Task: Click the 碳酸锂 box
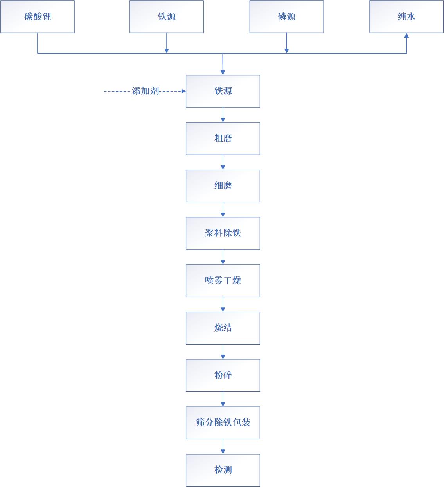point(38,17)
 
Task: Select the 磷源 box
point(286,17)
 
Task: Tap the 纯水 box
point(406,17)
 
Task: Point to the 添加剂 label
point(146,91)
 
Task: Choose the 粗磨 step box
point(223,139)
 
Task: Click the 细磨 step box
point(223,186)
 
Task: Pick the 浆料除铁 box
point(223,233)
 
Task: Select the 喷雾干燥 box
point(223,281)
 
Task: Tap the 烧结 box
point(223,328)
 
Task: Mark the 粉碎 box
point(223,375)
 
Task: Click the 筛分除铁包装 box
point(223,423)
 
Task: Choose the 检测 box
point(223,470)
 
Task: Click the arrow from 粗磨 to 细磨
point(223,162)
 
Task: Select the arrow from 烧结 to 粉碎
point(223,352)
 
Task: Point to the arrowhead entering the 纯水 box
point(406,36)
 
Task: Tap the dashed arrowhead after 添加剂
point(183,91)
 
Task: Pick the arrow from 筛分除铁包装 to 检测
point(223,446)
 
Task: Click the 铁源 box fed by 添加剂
point(223,91)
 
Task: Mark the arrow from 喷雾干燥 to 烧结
point(223,304)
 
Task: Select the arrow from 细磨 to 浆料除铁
point(223,209)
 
